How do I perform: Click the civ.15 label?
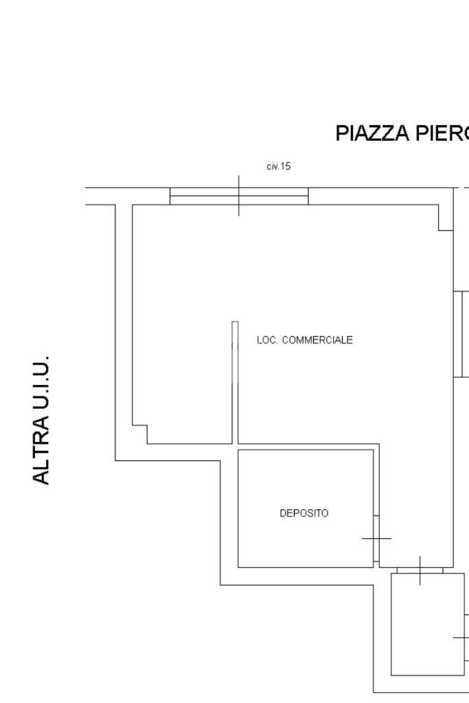(x=279, y=166)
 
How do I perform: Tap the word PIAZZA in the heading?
(x=372, y=133)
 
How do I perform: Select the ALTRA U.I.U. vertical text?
(x=41, y=420)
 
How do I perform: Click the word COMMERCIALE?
(x=317, y=340)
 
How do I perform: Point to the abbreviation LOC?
(x=267, y=340)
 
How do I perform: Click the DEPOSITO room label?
(x=304, y=513)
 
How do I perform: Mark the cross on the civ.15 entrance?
(x=239, y=195)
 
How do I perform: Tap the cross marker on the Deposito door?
(x=376, y=538)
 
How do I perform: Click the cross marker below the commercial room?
(x=420, y=570)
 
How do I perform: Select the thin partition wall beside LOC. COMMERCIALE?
(x=235, y=383)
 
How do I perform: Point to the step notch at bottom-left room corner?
(x=140, y=434)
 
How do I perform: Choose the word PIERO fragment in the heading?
(x=442, y=133)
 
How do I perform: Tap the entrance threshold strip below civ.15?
(x=239, y=196)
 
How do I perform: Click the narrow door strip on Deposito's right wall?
(x=376, y=539)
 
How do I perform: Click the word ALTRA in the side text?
(x=41, y=450)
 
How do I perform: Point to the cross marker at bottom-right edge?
(x=461, y=637)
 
